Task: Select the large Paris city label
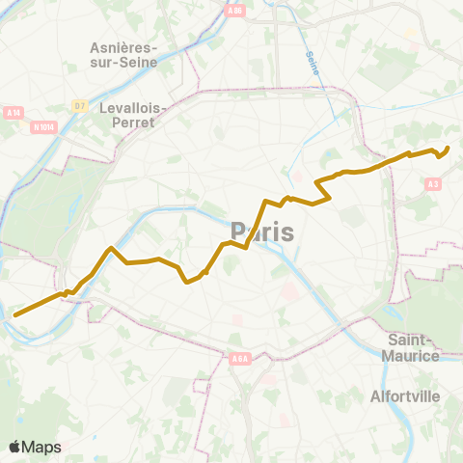click(262, 231)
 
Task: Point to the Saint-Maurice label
click(413, 347)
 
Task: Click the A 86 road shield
click(233, 11)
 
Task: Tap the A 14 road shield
click(13, 112)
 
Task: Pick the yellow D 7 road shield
click(80, 105)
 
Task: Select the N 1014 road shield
click(43, 125)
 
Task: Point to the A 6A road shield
click(240, 359)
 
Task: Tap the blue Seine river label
click(312, 65)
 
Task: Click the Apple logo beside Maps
click(15, 447)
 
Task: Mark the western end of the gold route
click(14, 313)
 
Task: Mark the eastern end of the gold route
click(449, 148)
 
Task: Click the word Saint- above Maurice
click(413, 340)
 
